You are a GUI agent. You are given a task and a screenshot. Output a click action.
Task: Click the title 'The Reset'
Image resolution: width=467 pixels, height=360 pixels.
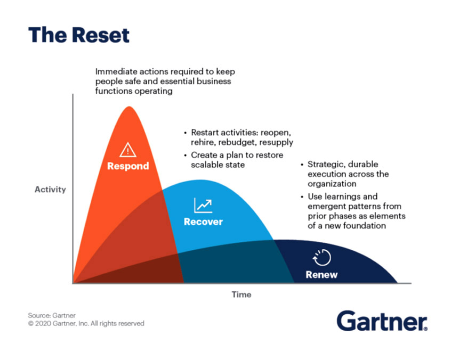[x=79, y=35]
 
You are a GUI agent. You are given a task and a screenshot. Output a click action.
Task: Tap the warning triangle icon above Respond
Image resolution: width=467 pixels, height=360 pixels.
[x=128, y=150]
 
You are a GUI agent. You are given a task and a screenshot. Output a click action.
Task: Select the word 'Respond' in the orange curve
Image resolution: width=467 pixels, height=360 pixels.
[x=128, y=166]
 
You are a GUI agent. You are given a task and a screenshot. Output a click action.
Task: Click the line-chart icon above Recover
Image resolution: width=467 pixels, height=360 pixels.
[x=203, y=205]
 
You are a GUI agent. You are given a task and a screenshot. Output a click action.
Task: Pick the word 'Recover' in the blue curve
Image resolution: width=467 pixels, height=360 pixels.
[x=204, y=222]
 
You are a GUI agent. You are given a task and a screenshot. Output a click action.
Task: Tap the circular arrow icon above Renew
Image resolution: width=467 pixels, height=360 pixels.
[x=321, y=257]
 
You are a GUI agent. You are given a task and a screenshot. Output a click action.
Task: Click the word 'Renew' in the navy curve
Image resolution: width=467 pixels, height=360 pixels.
[x=321, y=275]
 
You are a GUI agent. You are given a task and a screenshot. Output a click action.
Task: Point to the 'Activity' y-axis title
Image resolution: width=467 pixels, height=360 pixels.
[x=50, y=190]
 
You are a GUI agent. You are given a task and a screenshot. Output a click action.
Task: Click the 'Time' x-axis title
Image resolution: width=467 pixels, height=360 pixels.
[x=241, y=294]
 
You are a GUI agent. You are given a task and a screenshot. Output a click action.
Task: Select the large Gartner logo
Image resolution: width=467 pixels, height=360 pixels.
[x=382, y=321]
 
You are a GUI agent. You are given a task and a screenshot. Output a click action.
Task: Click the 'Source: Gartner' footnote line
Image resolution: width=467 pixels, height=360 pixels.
[x=52, y=315]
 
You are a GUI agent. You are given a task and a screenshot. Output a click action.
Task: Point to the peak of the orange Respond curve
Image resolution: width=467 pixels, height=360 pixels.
[x=129, y=107]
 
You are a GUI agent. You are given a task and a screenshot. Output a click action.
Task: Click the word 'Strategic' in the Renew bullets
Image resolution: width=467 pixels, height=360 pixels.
[x=326, y=165]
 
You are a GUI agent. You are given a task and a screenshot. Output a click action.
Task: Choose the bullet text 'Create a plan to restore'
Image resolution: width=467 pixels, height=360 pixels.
[x=237, y=155]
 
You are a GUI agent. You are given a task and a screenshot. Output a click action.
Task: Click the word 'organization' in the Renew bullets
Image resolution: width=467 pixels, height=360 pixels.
[x=332, y=184]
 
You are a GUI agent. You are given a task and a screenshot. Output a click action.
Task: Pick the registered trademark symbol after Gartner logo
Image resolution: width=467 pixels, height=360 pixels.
[x=425, y=329]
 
